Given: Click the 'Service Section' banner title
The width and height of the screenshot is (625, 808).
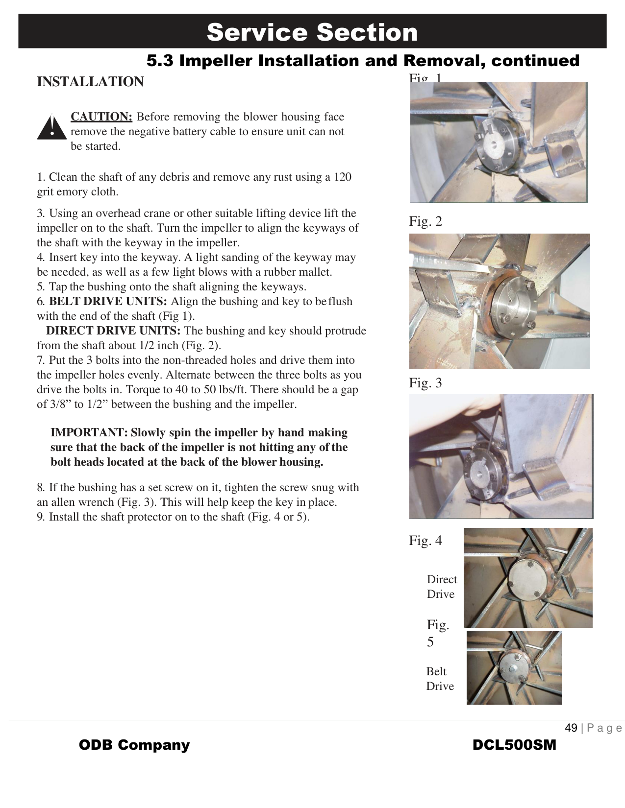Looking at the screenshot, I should (x=312, y=32).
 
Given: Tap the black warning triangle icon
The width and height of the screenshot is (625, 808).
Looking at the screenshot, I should (x=51, y=128).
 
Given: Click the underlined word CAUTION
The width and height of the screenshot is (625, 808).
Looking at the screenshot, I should (x=101, y=117).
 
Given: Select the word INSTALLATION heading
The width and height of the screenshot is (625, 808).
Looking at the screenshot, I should (x=90, y=82).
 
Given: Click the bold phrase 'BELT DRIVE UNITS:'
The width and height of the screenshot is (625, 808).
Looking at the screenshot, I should (x=108, y=301).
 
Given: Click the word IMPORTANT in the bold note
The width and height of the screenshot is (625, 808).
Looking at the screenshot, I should (x=89, y=432).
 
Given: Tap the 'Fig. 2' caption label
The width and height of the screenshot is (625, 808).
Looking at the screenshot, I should (x=425, y=221).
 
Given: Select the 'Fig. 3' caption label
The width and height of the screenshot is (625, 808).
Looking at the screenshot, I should (x=425, y=383).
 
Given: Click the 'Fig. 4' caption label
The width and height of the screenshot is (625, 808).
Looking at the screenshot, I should (x=425, y=541).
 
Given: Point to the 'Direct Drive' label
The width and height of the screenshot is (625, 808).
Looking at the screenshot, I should (x=441, y=587).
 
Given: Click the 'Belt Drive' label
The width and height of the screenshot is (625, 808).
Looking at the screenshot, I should (x=440, y=679).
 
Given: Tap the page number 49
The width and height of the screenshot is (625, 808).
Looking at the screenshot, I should (x=571, y=728).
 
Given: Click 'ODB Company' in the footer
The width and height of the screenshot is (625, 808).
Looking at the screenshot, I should (x=134, y=745).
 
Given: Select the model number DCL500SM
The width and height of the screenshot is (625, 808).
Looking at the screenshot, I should (x=514, y=745).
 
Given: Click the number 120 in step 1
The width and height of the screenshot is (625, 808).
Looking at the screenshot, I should (x=342, y=177).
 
